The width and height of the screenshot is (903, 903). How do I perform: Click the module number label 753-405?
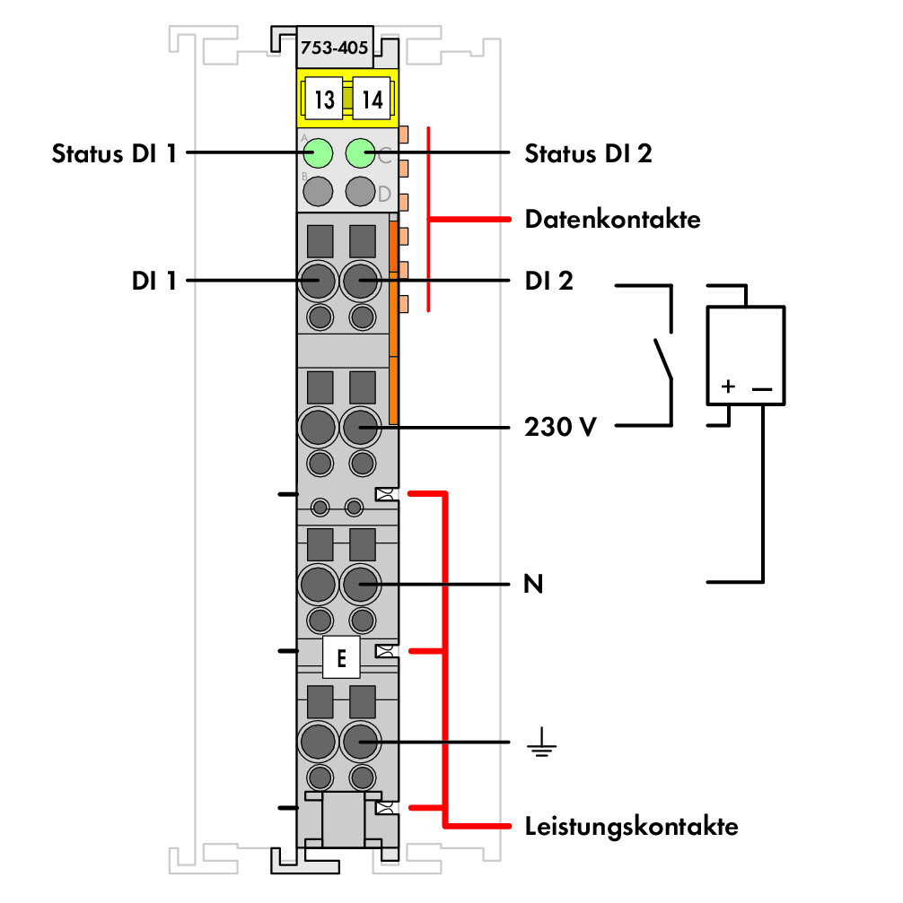pos(335,48)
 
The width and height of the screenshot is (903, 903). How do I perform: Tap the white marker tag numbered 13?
pos(323,99)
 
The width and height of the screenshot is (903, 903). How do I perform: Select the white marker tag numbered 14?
pos(372,99)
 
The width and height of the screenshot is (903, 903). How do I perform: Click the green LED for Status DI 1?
pos(318,153)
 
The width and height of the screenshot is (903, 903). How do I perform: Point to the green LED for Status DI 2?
pos(361,153)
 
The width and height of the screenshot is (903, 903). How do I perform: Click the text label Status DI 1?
pos(114,153)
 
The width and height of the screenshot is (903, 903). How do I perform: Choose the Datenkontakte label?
pos(612,220)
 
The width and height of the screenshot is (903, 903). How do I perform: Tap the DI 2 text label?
pos(548,281)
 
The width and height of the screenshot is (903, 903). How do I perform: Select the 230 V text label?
pos(559,427)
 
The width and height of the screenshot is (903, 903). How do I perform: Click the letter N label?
pos(533,584)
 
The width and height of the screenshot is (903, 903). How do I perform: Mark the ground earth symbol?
pos(541,742)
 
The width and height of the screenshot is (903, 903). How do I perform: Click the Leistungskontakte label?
pos(631,827)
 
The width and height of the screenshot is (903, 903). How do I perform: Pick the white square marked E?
pos(341,657)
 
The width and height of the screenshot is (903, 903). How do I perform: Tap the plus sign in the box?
pos(728,386)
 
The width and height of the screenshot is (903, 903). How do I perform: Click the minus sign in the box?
pos(762,388)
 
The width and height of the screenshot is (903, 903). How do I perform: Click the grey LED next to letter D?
pos(361,191)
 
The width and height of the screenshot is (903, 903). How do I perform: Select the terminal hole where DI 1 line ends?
pos(318,281)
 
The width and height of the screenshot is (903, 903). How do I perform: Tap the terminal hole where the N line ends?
pos(361,584)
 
